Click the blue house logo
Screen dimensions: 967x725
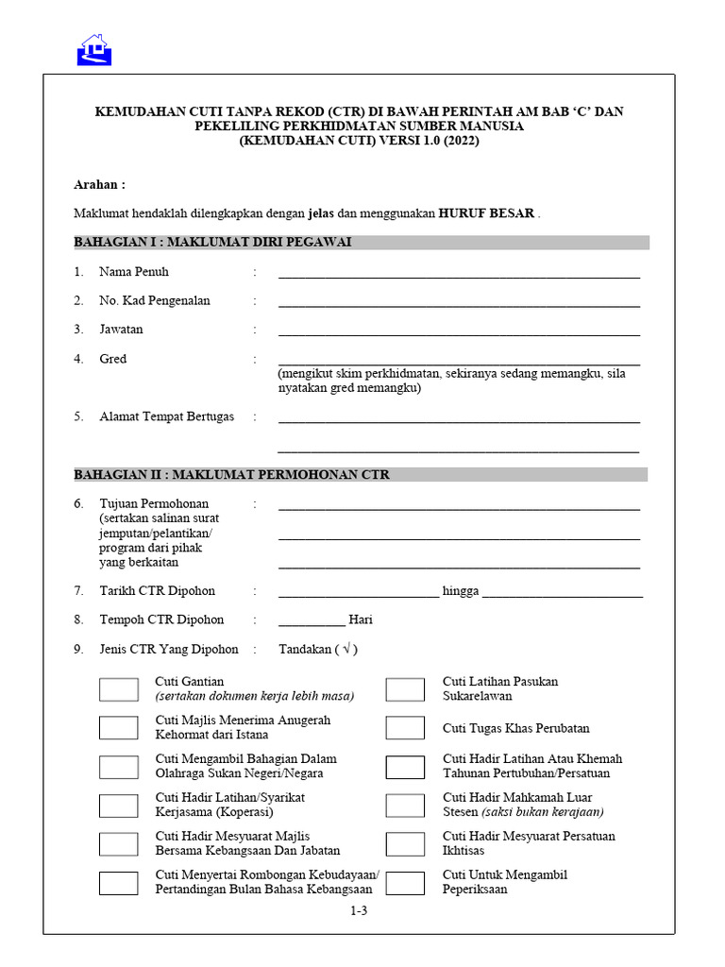[94, 50]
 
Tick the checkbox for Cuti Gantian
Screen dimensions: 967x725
[119, 689]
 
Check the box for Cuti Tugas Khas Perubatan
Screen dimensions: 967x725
[405, 728]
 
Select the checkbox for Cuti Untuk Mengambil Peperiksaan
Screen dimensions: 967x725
[405, 883]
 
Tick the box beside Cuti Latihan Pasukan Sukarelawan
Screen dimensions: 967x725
[405, 689]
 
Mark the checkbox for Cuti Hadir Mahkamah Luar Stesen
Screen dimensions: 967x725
[405, 806]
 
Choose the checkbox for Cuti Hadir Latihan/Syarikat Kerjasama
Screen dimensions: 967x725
[119, 806]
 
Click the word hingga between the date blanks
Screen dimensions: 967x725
[461, 591]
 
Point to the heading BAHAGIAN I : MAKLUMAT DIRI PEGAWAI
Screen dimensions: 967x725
[212, 243]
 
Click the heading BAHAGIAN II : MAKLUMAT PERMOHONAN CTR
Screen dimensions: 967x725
[231, 475]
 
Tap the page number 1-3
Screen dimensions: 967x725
[359, 911]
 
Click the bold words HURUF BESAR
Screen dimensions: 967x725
[486, 213]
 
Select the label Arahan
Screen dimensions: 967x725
[99, 185]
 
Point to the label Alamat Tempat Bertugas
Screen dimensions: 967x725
[166, 416]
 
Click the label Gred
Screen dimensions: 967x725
[112, 359]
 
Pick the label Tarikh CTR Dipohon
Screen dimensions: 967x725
[157, 591]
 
